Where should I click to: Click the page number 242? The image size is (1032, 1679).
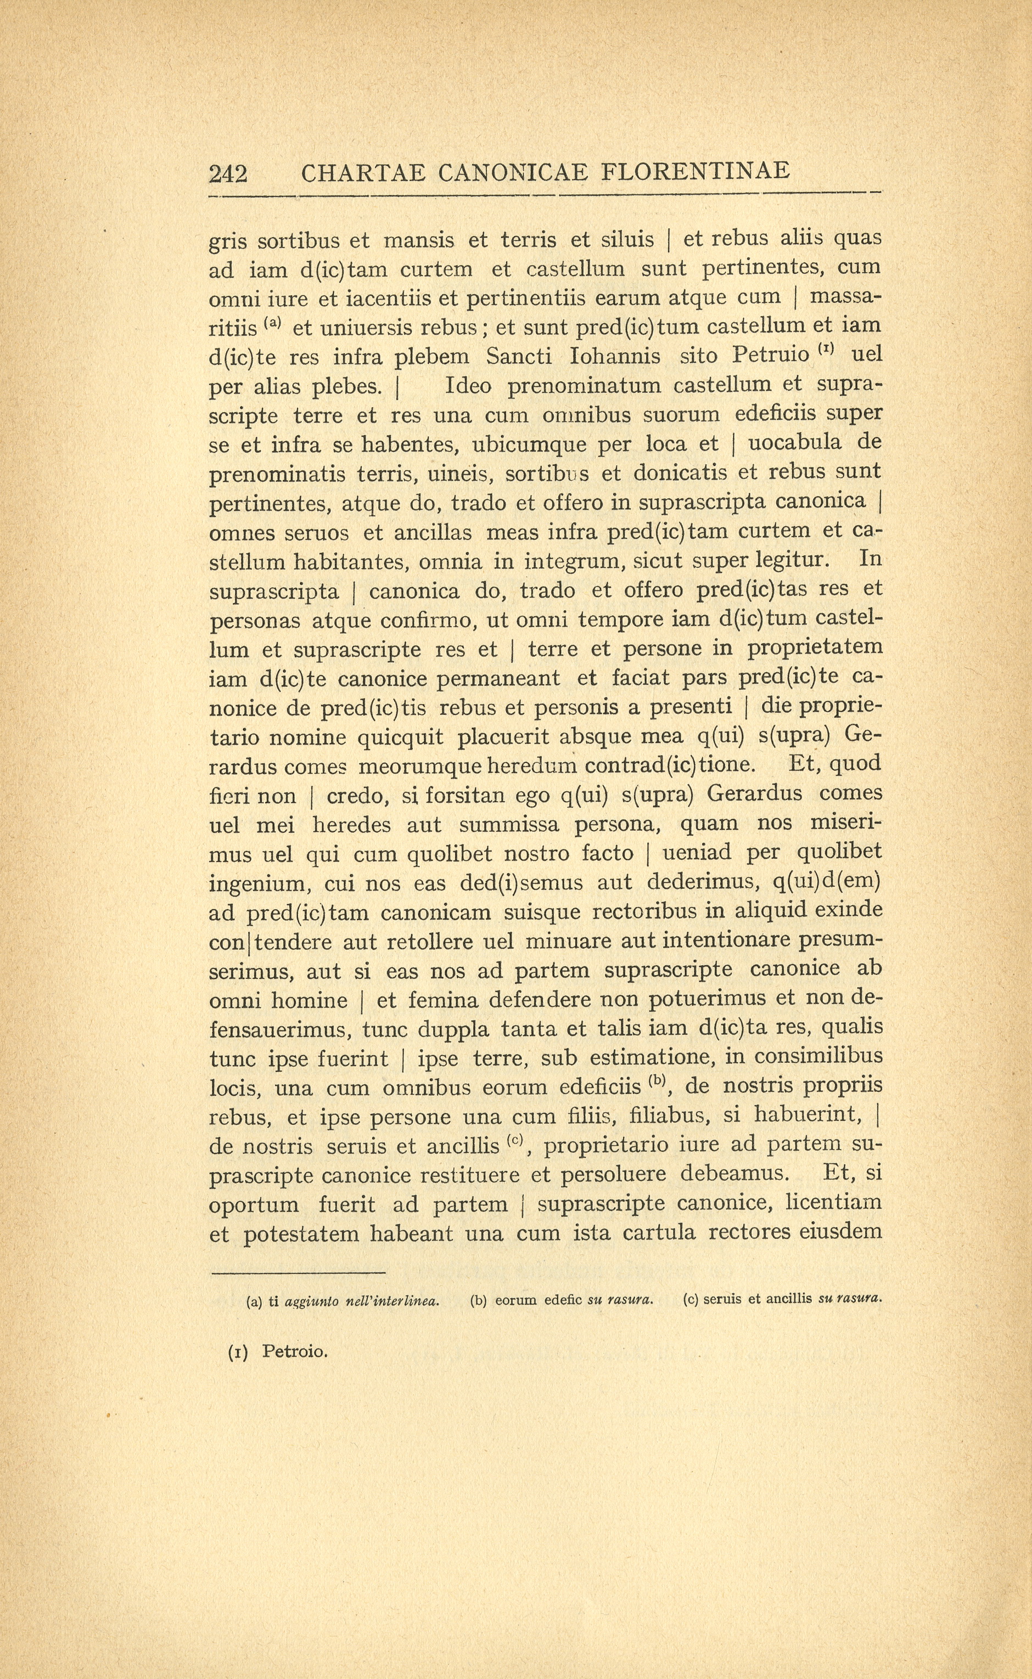click(x=227, y=174)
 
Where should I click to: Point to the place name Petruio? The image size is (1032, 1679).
click(x=770, y=356)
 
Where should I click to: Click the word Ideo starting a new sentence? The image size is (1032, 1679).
click(x=468, y=386)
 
